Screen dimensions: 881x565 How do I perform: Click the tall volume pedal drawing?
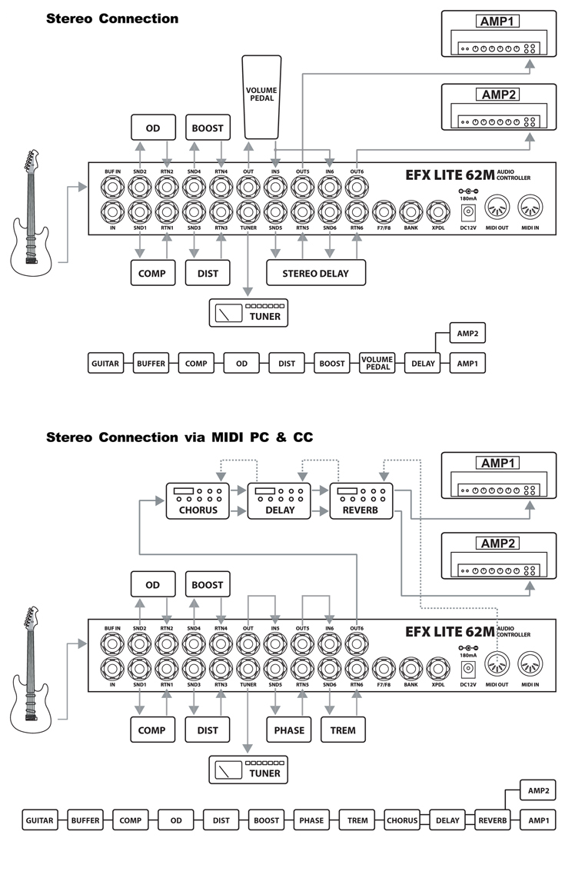point(261,96)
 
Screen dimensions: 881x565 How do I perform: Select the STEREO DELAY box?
point(315,272)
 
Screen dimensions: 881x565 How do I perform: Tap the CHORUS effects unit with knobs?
point(197,501)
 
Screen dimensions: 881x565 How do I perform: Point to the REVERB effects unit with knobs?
point(361,501)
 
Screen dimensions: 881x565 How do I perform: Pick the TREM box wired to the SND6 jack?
point(343,730)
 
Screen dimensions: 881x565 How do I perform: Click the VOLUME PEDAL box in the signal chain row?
point(377,363)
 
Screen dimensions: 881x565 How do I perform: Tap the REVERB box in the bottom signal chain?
point(493,820)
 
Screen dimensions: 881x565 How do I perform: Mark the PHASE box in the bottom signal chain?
point(312,820)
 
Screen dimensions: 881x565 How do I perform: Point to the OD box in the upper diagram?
point(152,128)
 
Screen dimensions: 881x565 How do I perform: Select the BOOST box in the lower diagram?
point(208,584)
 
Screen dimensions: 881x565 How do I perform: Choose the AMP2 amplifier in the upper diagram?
point(498,108)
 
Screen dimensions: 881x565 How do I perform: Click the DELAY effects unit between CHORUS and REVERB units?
point(279,501)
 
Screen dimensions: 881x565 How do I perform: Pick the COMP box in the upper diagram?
point(152,272)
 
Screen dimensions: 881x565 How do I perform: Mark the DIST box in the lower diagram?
point(208,730)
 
